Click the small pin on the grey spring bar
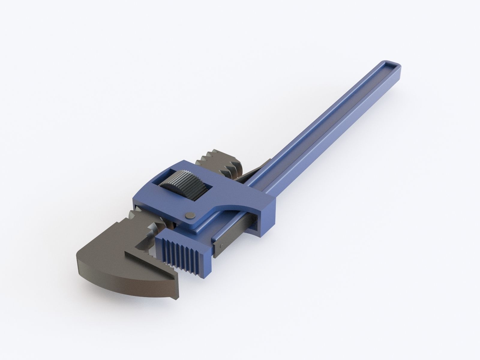pyautogui.click(x=221, y=246)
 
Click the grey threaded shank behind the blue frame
pyautogui.click(x=222, y=162)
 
